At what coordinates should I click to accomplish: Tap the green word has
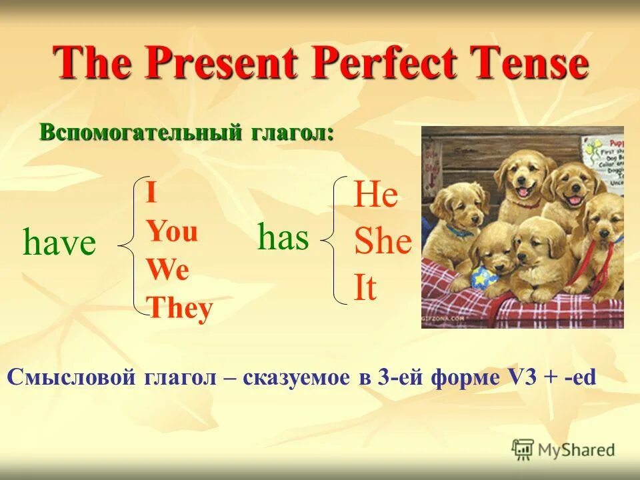coord(283,237)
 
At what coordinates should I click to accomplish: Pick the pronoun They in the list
coord(179,308)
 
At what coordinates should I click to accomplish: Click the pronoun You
coord(172,232)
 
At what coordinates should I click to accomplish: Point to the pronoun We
coord(168,270)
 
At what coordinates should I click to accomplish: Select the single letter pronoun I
coord(151,194)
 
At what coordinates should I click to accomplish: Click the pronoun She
coord(383,242)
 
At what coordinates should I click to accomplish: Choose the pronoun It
coord(365,289)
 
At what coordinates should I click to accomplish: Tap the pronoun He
coord(376,195)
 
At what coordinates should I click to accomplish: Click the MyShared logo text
coord(576,449)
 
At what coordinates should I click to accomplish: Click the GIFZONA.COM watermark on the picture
coord(443,319)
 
